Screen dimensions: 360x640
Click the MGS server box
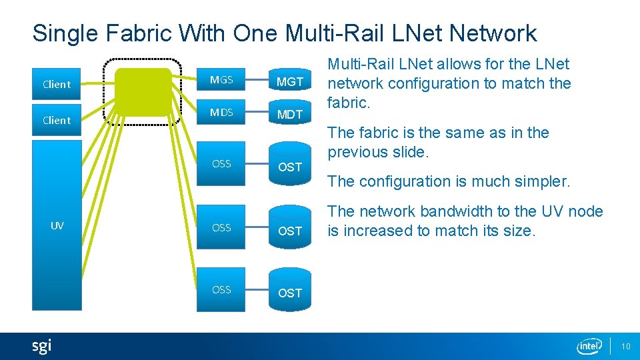click(221, 80)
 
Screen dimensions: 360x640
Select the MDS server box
click(221, 113)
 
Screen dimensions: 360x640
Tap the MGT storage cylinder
click(290, 81)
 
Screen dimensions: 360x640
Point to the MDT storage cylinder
click(290, 113)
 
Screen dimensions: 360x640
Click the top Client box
click(56, 84)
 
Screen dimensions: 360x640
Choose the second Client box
click(56, 120)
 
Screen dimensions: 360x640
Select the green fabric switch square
click(143, 91)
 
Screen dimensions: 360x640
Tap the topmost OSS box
click(221, 164)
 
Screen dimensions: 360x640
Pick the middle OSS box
click(221, 228)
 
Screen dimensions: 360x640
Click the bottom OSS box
click(221, 290)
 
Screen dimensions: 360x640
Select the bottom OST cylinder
click(290, 291)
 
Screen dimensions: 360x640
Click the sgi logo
click(41, 346)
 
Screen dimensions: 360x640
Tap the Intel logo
click(589, 346)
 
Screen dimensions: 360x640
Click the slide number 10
click(625, 346)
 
